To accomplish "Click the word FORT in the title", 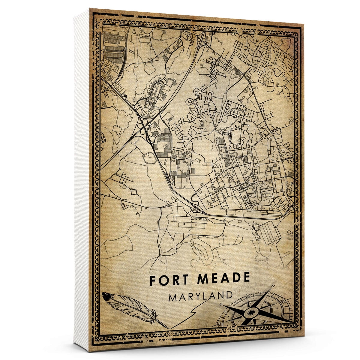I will [x=168, y=279].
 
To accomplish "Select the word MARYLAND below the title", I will [x=200, y=297].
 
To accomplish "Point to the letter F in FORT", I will [x=153, y=280].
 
